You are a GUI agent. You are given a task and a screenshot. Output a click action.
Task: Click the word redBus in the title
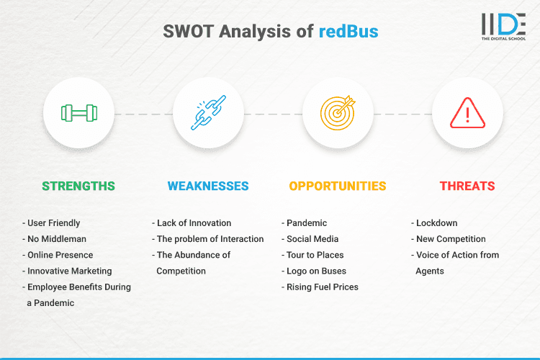(348, 31)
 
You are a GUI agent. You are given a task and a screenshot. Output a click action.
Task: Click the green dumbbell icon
(78, 113)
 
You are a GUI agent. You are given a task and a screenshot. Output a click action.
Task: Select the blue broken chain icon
(208, 113)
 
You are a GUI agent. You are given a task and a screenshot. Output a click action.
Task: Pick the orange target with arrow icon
(338, 113)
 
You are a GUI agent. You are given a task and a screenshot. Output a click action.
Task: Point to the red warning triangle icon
(467, 113)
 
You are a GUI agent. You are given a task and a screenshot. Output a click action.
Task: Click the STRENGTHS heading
(78, 186)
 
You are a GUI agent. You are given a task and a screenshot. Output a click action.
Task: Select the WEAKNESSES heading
(208, 186)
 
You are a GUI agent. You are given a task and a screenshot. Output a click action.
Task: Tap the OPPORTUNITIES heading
(338, 186)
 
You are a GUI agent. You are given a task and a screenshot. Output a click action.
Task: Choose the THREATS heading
(467, 186)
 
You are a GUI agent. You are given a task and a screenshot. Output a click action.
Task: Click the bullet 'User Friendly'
(55, 223)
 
